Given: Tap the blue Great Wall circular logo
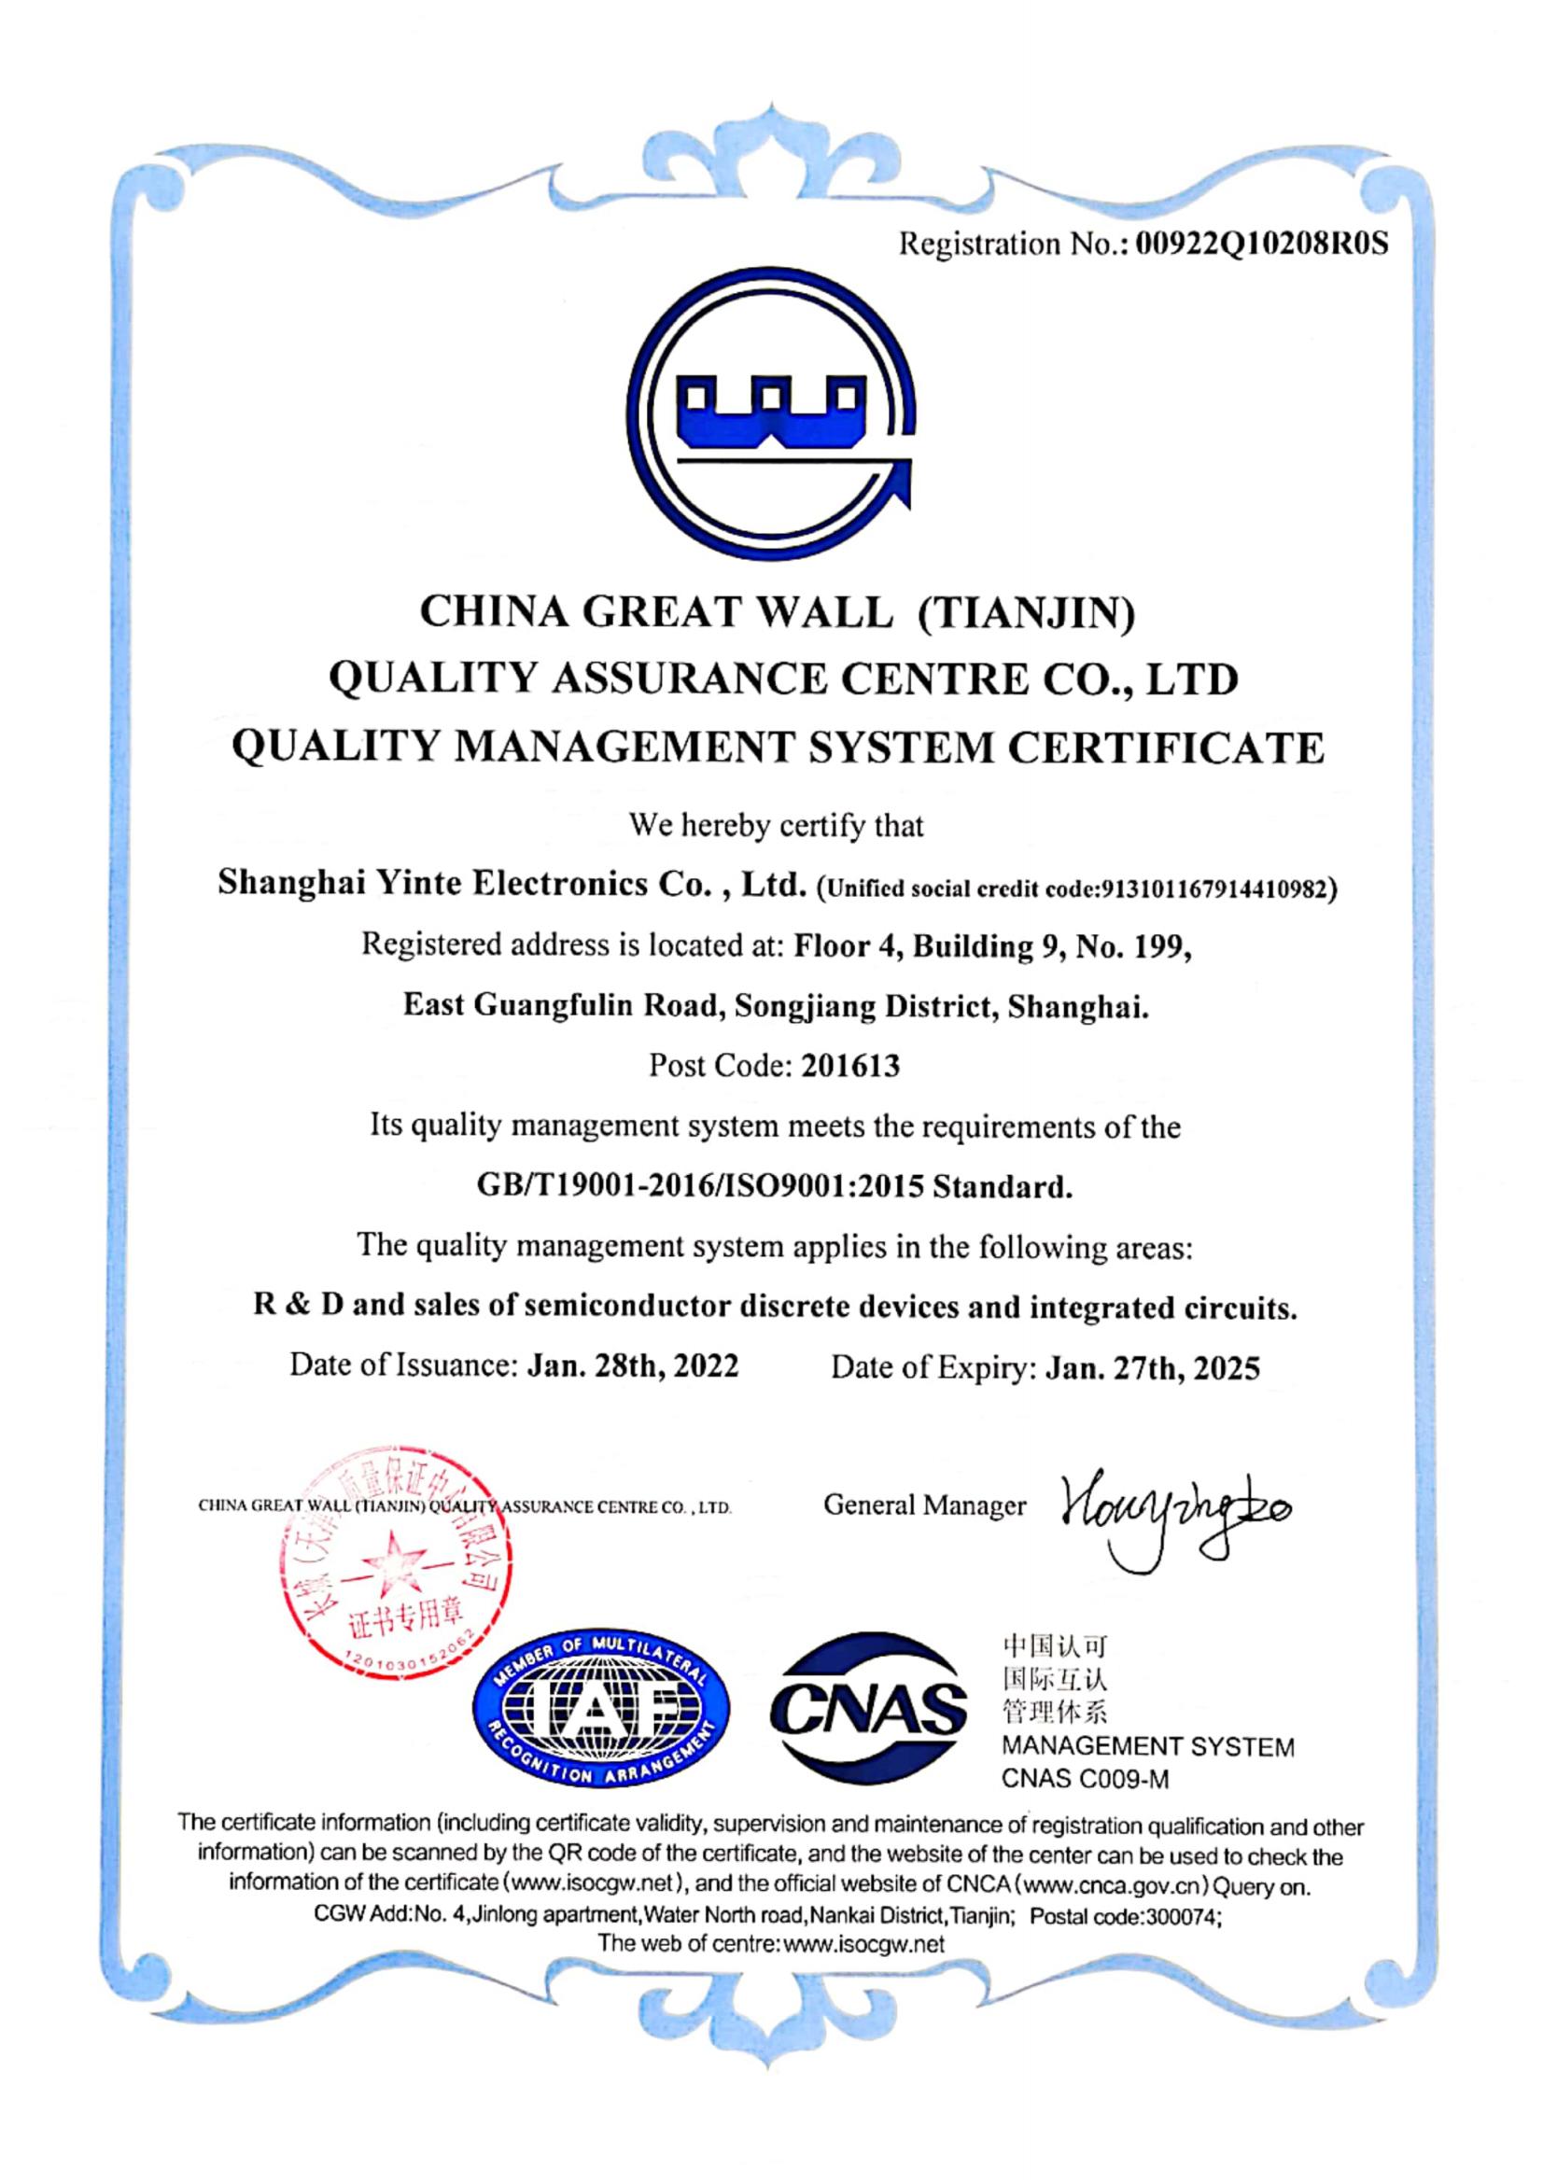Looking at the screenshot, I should pos(775,413).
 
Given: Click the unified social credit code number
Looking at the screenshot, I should pos(1213,889).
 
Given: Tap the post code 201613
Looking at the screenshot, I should pos(850,1066).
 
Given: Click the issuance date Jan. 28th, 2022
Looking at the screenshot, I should pos(632,1366).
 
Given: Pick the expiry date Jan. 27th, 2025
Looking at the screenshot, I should pos(1152,1368).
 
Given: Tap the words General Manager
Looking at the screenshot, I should pos(924,1505).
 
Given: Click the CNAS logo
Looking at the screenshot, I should pos(868,1709).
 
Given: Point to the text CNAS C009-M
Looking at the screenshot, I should pos(1085,1779).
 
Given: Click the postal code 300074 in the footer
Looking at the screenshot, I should pos(1182,1918).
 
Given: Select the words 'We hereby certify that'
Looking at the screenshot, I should pos(776,825).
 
